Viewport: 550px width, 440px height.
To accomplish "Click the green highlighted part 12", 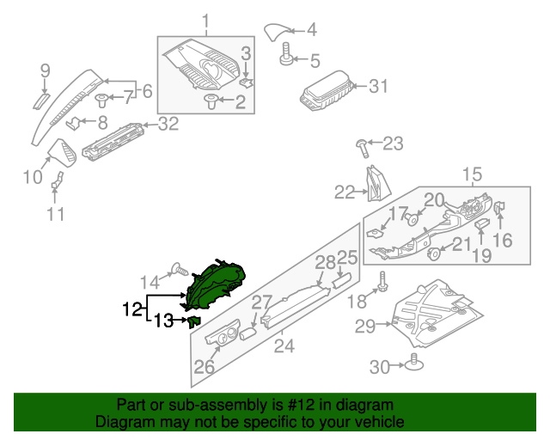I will point(217,283).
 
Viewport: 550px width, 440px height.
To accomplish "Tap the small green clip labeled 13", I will point(194,321).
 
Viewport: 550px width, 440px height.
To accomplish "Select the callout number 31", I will point(379,86).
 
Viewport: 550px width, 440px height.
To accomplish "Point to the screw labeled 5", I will point(285,58).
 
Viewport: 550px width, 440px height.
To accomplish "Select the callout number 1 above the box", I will point(205,21).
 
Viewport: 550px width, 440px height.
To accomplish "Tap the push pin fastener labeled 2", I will point(211,102).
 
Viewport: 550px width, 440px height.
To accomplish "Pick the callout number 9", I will point(46,70).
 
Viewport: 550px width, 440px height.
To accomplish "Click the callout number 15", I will point(473,175).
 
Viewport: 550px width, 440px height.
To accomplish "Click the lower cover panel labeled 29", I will point(430,309).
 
